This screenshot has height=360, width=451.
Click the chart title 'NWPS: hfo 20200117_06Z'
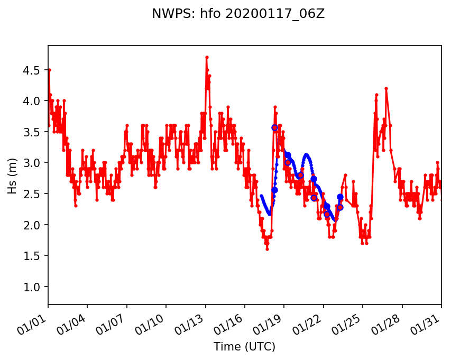pyautogui.click(x=238, y=14)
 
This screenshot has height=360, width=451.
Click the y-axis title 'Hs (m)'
pyautogui.click(x=12, y=174)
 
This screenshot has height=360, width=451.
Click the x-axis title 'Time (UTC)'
pyautogui.click(x=244, y=347)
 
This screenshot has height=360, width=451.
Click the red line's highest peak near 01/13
pyautogui.click(x=207, y=57)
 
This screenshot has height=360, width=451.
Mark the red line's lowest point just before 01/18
pyautogui.click(x=267, y=249)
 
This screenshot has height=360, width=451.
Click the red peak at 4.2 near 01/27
pyautogui.click(x=386, y=88)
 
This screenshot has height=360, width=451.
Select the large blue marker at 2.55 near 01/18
pyautogui.click(x=274, y=190)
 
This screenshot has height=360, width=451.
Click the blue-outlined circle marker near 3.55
pyautogui.click(x=274, y=127)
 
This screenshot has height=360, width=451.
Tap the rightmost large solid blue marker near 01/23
pyautogui.click(x=340, y=197)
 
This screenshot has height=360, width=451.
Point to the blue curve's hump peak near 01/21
pyautogui.click(x=306, y=154)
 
